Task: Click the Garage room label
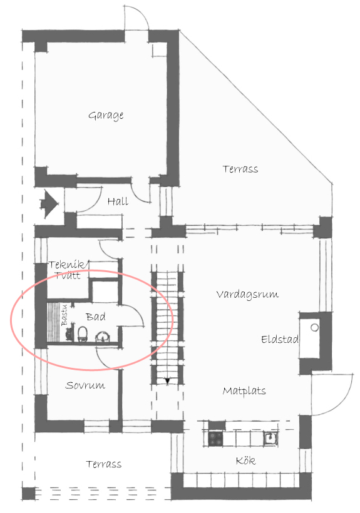click(x=106, y=116)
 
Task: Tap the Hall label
click(x=118, y=201)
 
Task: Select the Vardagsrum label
click(x=247, y=295)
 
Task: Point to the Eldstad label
click(x=280, y=339)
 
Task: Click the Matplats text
click(x=244, y=390)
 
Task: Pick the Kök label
click(x=246, y=460)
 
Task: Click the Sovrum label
click(x=85, y=385)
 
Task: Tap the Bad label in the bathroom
click(x=96, y=317)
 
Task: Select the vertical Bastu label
click(x=64, y=315)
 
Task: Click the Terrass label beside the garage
click(x=240, y=169)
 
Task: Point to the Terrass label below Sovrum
click(x=104, y=464)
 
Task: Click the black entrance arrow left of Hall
click(x=49, y=205)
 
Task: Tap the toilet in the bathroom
click(x=83, y=334)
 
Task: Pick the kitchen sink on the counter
click(x=270, y=439)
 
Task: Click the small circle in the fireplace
click(x=314, y=327)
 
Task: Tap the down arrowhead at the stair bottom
click(x=168, y=381)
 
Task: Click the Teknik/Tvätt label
click(x=68, y=270)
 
